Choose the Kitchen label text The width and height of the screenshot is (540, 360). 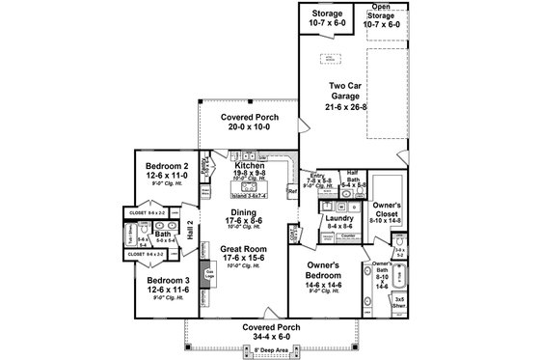click(248, 166)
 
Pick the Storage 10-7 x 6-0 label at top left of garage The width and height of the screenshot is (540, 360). click(326, 16)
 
